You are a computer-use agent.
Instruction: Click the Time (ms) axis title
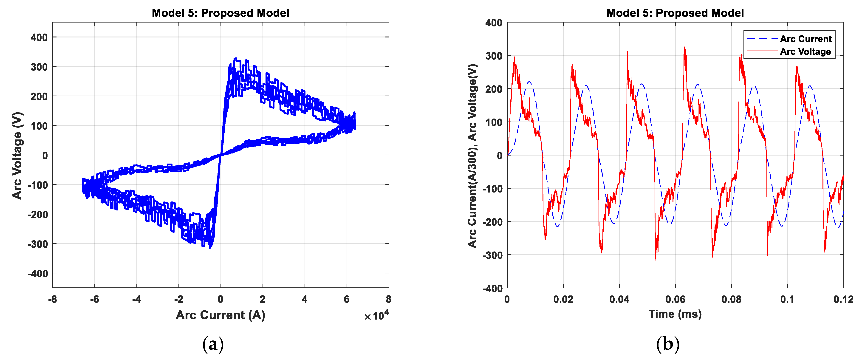(675, 314)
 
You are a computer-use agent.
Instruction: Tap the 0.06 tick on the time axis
(675, 299)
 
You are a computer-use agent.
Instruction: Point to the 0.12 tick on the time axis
(843, 299)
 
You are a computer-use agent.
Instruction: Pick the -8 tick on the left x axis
(53, 299)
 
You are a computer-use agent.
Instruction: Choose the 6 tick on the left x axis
(347, 299)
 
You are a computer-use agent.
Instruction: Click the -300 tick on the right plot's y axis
(493, 255)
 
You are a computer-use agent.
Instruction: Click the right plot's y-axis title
(472, 155)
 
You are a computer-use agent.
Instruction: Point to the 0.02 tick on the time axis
(563, 299)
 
